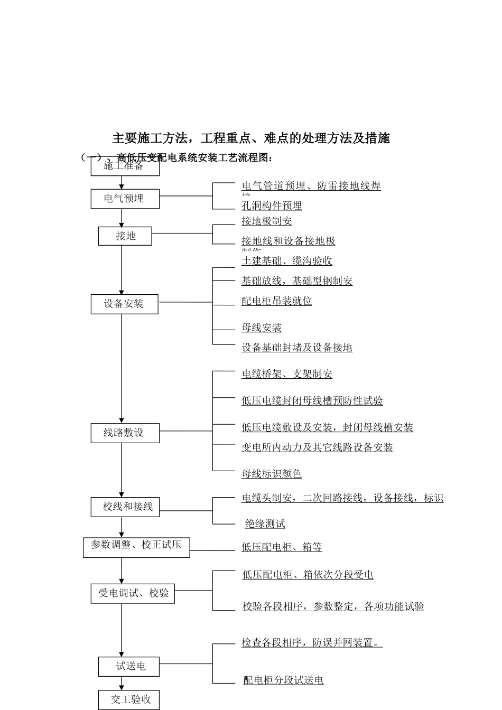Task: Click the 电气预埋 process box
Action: [125, 199]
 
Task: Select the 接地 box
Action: [125, 236]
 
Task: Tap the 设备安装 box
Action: [124, 304]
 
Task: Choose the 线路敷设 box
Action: [125, 433]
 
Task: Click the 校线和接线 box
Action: [125, 507]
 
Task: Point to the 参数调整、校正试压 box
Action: [136, 546]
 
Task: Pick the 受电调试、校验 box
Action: [133, 593]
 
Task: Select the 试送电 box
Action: [128, 666]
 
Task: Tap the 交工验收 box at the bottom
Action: [128, 700]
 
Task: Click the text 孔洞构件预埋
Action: [272, 205]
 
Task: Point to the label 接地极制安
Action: [267, 221]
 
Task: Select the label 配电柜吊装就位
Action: [277, 301]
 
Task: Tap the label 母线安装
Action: [262, 328]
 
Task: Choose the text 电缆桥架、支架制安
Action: [287, 374]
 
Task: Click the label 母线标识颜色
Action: [272, 474]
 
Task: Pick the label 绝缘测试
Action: [265, 524]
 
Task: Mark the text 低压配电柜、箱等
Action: [282, 547]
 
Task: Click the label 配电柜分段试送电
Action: [283, 680]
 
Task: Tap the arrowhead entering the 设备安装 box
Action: [122, 292]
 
